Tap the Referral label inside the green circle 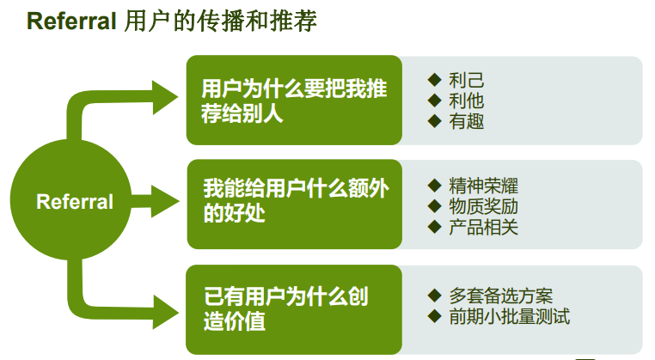[x=75, y=202]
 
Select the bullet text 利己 [x=467, y=81]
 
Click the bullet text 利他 [x=467, y=101]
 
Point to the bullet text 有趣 [x=467, y=121]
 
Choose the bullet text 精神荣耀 [x=484, y=186]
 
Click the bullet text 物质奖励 [x=484, y=207]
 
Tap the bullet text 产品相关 [x=484, y=228]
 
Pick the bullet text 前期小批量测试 [x=510, y=316]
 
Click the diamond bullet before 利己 [x=435, y=81]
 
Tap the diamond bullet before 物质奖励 [x=435, y=207]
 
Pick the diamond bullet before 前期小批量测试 [x=435, y=316]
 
